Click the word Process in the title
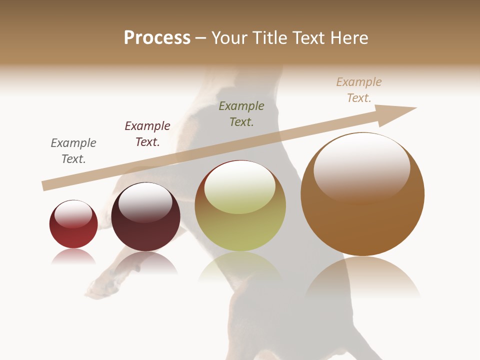point(157,38)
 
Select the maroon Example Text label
point(147,134)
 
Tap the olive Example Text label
point(241,113)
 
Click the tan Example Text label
point(359,90)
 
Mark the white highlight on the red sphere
point(73,214)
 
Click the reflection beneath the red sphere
point(73,257)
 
